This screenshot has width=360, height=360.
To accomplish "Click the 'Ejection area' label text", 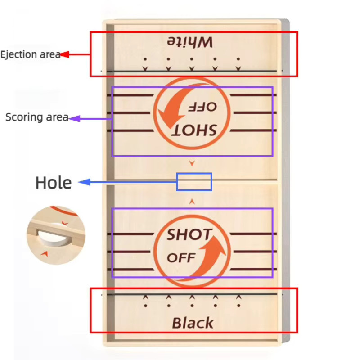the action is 31,54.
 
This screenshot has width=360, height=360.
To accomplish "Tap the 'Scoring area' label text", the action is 37,117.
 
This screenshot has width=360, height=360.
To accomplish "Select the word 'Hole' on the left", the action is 54,183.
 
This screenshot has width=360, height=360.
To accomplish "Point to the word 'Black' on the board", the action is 193,323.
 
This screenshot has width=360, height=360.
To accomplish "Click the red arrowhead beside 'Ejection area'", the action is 65,54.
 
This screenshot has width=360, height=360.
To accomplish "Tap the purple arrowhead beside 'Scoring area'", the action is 74,119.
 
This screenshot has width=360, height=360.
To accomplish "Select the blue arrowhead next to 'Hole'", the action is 84,182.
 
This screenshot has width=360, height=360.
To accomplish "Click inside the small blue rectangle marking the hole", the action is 194,182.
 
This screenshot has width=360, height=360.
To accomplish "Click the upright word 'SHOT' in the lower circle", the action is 189,234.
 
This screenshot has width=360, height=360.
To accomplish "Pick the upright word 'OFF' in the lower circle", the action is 181,258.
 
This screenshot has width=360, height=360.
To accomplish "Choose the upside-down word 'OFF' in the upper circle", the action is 202,107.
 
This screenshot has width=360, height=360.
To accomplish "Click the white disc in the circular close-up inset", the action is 54,237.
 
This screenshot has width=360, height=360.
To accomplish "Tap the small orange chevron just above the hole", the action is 192,163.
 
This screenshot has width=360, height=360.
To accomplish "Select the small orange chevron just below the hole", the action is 192,202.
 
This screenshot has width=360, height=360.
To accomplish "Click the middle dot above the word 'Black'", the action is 192,306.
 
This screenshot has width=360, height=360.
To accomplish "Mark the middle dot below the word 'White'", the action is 192,59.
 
